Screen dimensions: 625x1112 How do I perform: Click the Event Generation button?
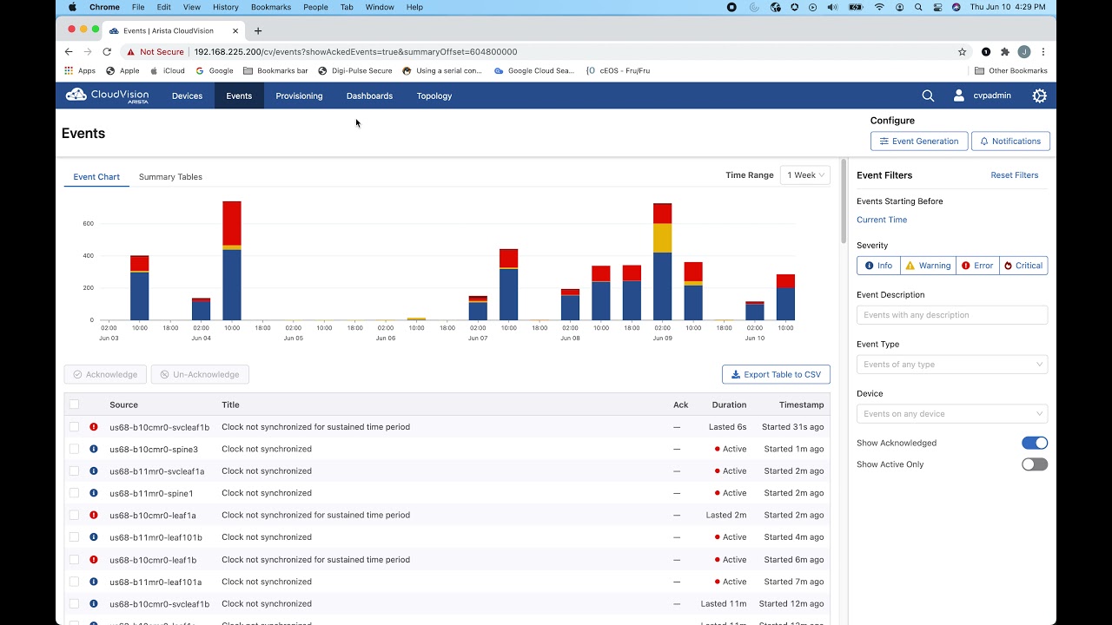pos(919,141)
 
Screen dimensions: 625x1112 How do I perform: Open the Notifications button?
pos(1010,141)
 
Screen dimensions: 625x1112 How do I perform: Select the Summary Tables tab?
pos(170,177)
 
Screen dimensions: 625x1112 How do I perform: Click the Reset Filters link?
pos(1014,175)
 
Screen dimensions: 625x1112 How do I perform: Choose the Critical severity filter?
pos(1023,266)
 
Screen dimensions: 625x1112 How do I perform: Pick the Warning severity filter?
pos(928,266)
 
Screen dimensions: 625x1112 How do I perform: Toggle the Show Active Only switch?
pos(1034,464)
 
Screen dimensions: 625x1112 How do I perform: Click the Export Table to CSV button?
pos(776,374)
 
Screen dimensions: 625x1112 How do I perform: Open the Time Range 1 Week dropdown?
pos(805,175)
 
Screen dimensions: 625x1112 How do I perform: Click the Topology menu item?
pos(434,96)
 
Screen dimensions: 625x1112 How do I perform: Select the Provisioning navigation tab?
pos(299,96)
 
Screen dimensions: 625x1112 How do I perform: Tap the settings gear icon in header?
pos(1039,95)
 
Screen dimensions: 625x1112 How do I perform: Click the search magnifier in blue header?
pos(928,95)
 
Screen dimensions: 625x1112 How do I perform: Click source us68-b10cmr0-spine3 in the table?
pos(154,450)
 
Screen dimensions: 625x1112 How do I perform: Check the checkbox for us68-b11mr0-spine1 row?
pos(74,493)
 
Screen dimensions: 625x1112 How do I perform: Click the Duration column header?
pos(729,405)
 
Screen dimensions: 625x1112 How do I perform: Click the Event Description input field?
pos(951,315)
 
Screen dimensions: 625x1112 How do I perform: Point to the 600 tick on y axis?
pos(88,224)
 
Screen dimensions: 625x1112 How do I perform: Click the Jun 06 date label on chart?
pos(386,338)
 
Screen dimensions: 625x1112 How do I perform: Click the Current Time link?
pos(881,220)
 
